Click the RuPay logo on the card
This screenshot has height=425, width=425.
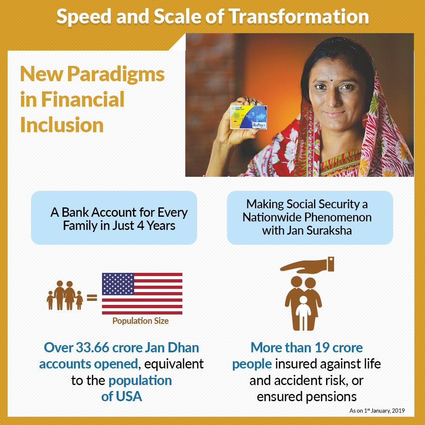click(x=259, y=125)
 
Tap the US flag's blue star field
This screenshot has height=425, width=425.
click(x=118, y=284)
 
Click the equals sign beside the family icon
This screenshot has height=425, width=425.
click(x=92, y=298)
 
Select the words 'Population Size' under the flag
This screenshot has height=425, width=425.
click(x=140, y=321)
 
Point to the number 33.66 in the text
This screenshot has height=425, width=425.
click(x=92, y=348)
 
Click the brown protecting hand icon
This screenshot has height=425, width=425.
click(x=307, y=265)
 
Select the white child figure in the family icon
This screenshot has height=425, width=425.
click(x=303, y=313)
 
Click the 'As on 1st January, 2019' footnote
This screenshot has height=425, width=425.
click(x=377, y=411)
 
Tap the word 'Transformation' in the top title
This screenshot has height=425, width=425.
click(x=299, y=17)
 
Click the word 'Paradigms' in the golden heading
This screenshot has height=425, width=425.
click(x=116, y=75)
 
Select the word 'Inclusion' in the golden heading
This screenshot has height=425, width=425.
click(x=62, y=125)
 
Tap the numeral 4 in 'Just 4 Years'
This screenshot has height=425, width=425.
click(x=140, y=226)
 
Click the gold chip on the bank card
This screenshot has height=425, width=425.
click(x=236, y=116)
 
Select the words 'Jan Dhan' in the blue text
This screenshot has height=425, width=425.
click(x=172, y=348)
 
